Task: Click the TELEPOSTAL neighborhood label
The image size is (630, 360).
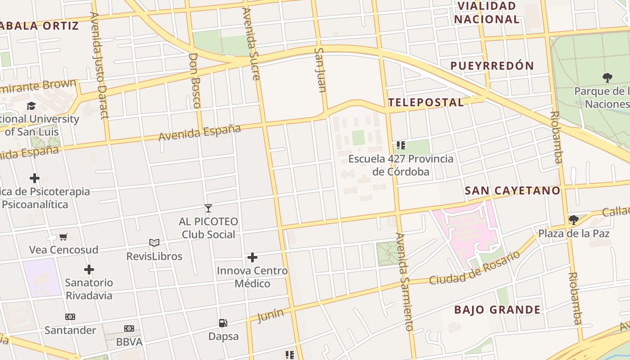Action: click(426, 103)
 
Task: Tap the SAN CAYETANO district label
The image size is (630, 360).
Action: click(513, 191)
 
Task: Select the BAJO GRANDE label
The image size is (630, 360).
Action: click(497, 310)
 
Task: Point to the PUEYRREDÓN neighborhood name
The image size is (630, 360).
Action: click(492, 66)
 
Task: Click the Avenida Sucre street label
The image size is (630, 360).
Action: click(251, 44)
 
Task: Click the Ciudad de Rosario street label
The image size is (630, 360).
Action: click(474, 268)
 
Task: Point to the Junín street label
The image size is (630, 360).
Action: click(270, 315)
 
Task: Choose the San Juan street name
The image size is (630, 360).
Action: click(320, 70)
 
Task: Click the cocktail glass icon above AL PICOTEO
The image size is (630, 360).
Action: click(208, 208)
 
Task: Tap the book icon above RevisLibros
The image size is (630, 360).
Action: click(154, 243)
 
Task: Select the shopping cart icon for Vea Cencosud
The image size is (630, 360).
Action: click(63, 237)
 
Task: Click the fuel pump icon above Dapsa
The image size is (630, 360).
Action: click(223, 323)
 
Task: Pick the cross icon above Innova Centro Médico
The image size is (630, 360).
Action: click(252, 257)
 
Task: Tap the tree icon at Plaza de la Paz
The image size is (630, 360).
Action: click(574, 220)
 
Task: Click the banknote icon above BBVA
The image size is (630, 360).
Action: click(129, 328)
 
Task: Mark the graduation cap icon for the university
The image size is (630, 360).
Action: click(31, 106)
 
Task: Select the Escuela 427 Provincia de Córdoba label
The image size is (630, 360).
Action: click(400, 165)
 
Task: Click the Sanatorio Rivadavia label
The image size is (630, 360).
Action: click(89, 289)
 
